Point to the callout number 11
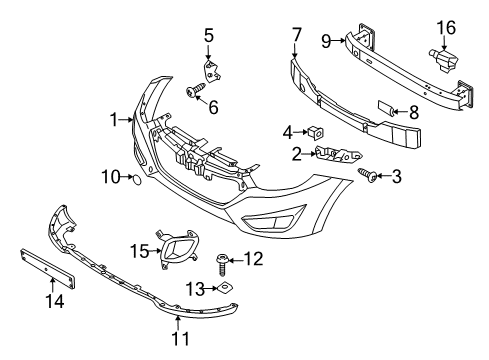click(x=179, y=348)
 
